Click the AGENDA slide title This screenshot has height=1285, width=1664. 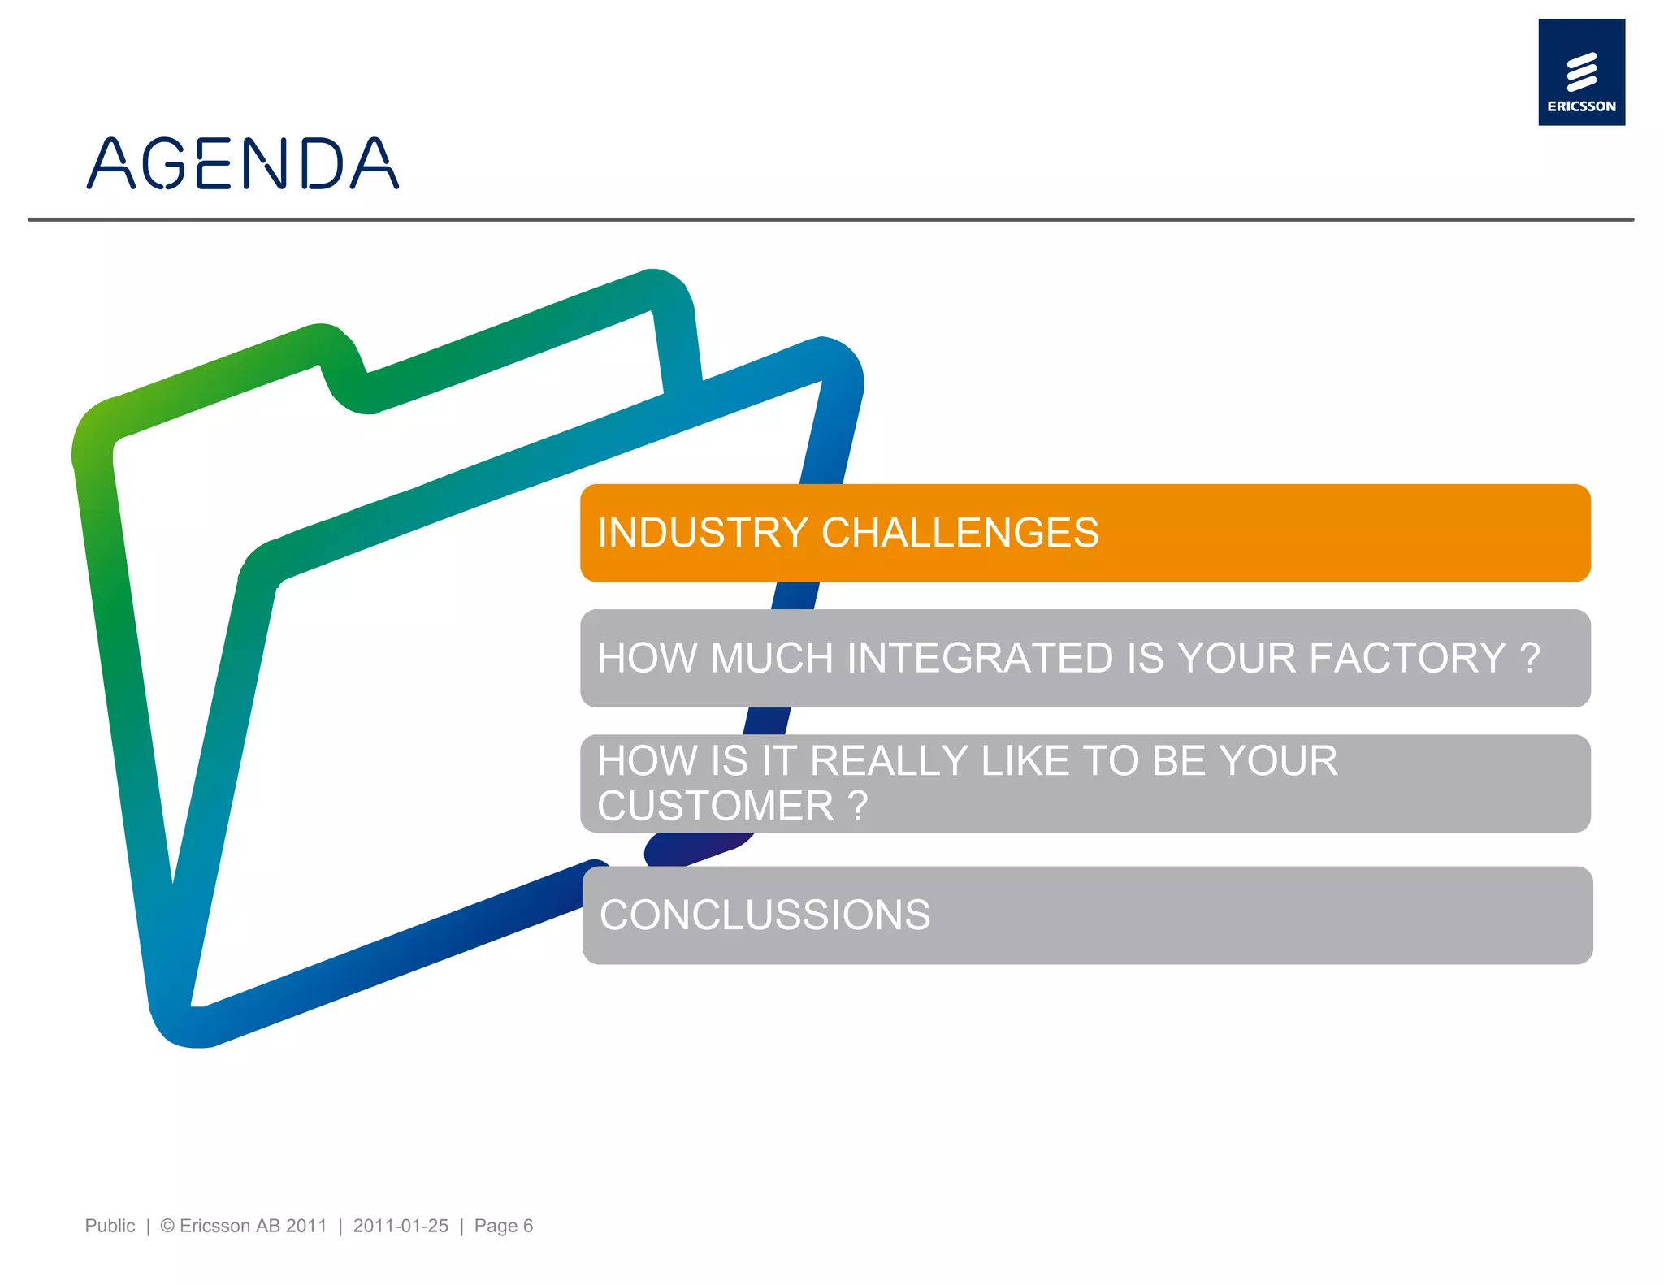242,163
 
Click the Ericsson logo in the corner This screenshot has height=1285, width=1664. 1580,72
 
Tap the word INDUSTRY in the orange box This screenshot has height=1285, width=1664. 702,533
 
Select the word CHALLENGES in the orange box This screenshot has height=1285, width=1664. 960,533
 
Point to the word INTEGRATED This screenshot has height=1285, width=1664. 980,658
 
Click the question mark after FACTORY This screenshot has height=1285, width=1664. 1530,658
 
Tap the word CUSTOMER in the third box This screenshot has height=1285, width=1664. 715,806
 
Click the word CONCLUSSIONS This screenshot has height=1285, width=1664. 765,915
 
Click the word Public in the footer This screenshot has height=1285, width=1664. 110,1226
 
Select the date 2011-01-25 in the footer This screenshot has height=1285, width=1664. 401,1226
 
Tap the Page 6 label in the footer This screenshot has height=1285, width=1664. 503,1226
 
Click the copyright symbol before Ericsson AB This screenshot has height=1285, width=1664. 167,1226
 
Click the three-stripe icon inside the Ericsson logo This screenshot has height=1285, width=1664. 1581,71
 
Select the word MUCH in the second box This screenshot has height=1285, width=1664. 771,658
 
